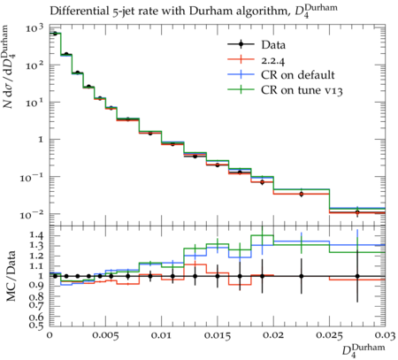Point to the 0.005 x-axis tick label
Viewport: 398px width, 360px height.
point(105,335)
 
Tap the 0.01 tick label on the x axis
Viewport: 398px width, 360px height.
point(162,335)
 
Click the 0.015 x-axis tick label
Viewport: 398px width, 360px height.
point(218,335)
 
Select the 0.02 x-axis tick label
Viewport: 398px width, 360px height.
point(273,335)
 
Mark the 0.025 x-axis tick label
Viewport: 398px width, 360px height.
point(329,335)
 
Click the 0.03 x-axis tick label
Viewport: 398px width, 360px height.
point(385,335)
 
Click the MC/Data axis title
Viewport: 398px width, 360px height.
point(11,276)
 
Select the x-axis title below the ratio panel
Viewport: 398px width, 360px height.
point(364,350)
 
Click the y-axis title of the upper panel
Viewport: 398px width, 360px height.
point(10,67)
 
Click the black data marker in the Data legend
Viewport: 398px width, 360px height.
point(241,44)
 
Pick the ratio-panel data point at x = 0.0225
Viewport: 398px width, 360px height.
point(302,276)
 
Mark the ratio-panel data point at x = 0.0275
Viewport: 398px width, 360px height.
point(357,276)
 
